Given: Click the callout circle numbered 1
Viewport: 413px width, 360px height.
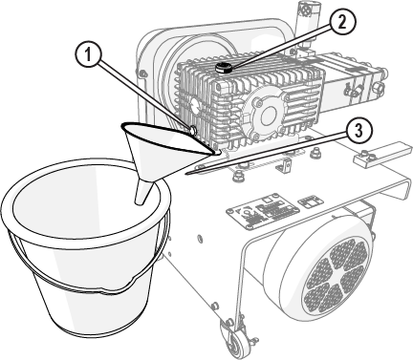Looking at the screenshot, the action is [88, 54].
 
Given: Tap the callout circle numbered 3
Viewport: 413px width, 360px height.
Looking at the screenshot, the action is [359, 131].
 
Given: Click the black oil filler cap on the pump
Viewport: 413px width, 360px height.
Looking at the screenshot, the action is [223, 67].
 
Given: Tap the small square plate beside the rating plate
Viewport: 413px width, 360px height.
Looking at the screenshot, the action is [311, 201].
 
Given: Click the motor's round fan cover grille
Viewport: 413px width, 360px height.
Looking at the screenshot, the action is [335, 276].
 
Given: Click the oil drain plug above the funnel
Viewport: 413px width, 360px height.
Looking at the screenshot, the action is [192, 130].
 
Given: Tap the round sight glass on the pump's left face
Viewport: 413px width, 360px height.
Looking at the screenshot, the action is [194, 107].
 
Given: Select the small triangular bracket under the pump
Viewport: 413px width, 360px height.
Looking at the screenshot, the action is [285, 165].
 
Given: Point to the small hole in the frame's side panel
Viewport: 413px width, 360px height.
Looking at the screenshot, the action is [200, 238].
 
